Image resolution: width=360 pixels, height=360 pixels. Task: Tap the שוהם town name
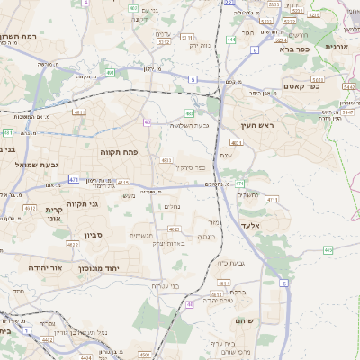point(245,320)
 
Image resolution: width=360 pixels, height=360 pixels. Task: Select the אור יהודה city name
point(43,268)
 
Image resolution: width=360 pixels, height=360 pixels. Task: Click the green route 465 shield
point(328,249)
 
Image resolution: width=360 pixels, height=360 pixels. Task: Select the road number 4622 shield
point(73,243)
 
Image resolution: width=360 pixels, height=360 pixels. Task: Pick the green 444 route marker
point(232,40)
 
